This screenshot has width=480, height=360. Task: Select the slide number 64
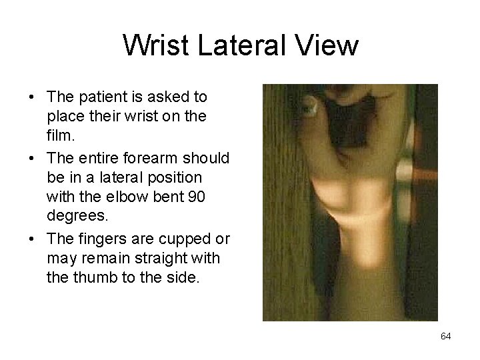[446, 336]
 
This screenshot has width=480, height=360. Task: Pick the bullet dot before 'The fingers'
[33, 239]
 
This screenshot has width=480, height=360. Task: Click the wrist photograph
[350, 202]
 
